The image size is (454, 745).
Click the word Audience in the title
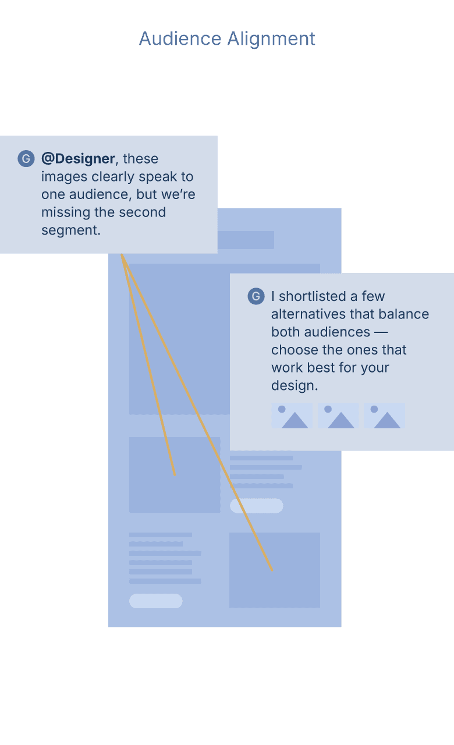point(180,39)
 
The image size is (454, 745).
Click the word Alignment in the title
point(271,39)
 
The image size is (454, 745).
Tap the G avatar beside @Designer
point(26,159)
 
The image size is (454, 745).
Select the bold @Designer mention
point(78,159)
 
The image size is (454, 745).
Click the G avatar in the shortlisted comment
point(256,296)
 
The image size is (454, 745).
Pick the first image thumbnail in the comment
point(292,416)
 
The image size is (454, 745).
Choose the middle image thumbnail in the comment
point(338,416)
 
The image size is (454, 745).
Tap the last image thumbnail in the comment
point(384,416)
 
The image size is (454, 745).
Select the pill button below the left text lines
point(155,601)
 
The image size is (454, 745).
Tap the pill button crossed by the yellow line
point(257,506)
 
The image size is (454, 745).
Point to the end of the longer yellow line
point(272,570)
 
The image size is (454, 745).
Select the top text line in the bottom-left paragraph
point(161,534)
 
